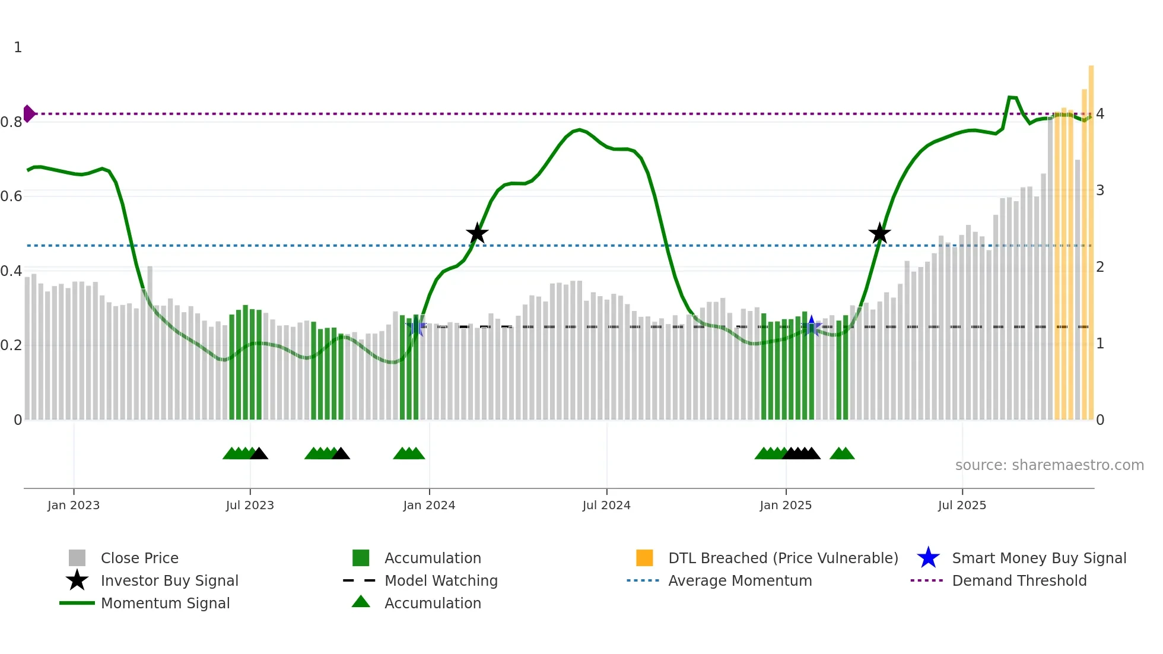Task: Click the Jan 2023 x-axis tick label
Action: [x=74, y=505]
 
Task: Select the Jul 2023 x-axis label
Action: [x=250, y=505]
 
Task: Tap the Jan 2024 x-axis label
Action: [x=429, y=505]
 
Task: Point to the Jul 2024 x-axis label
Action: [x=606, y=505]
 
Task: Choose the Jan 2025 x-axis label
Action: [x=786, y=505]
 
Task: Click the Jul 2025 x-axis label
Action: [x=962, y=505]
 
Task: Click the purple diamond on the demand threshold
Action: [x=29, y=113]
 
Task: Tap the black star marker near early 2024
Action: [x=477, y=234]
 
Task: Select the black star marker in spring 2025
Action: [x=879, y=234]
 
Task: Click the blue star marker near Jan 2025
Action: [x=811, y=326]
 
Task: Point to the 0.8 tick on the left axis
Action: [x=11, y=122]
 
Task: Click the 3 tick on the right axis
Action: [x=1100, y=191]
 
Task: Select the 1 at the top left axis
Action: [x=18, y=47]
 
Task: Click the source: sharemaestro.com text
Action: [x=1049, y=465]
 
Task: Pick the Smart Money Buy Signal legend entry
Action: [x=1038, y=558]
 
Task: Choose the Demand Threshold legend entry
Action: [x=1019, y=580]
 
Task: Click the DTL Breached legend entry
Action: [x=783, y=558]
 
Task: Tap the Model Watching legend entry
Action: [x=441, y=580]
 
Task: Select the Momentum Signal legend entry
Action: [x=165, y=603]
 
